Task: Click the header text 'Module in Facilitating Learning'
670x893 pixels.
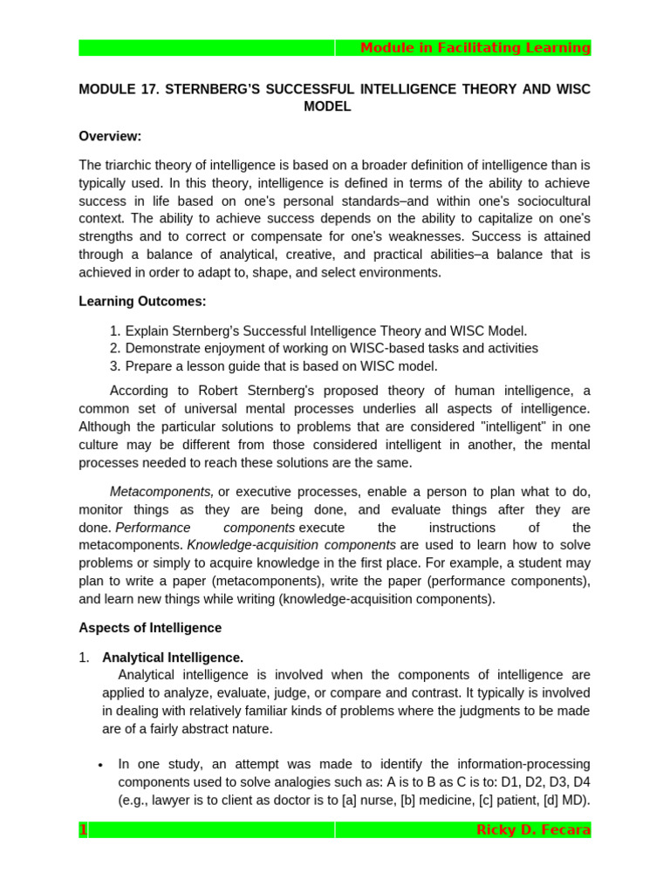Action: tap(475, 48)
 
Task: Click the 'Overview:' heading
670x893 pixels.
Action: tap(110, 136)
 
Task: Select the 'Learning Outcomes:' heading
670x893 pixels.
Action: tap(142, 301)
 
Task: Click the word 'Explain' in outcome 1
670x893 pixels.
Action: tap(147, 331)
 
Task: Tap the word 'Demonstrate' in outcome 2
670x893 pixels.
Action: tap(163, 348)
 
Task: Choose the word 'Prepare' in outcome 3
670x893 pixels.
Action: tap(150, 366)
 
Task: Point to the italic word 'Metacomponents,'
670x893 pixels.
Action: tap(161, 492)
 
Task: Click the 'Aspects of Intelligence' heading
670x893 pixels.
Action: tap(150, 628)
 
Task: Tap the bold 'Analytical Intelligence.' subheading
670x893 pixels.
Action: tap(173, 658)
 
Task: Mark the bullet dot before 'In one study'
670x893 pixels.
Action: tap(101, 765)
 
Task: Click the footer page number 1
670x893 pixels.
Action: tap(84, 830)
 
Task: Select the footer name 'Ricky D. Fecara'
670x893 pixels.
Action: tap(533, 830)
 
